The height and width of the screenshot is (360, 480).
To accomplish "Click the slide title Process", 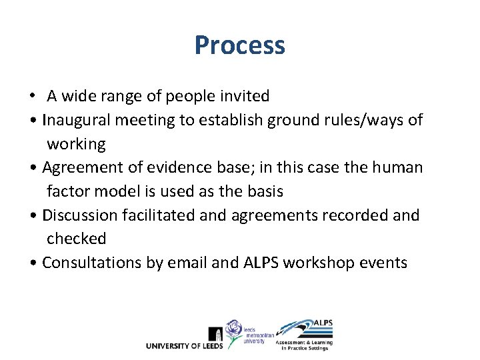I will coord(240,45).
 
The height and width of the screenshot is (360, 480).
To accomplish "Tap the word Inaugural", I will coord(74,120).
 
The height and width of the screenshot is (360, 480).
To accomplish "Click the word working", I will coord(76,144).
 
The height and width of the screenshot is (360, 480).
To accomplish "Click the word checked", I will coord(76,239).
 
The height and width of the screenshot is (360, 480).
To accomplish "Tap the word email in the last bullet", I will coord(186,263).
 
